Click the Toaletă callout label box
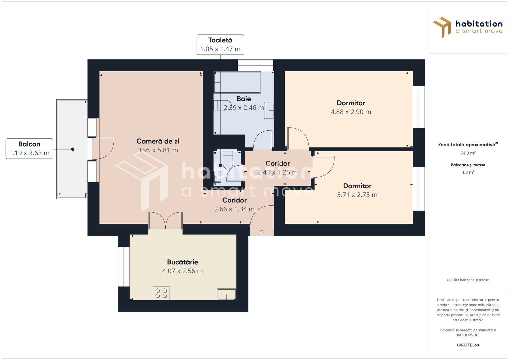(220, 45)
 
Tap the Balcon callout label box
(29, 149)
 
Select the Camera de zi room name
(158, 141)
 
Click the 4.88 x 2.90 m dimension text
(351, 112)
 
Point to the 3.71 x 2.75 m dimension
(357, 195)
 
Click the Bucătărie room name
(182, 262)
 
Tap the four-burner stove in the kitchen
(161, 293)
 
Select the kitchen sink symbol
(226, 294)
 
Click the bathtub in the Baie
(237, 82)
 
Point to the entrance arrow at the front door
(262, 233)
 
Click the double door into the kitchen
(165, 221)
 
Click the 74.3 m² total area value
(468, 153)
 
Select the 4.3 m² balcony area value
(468, 172)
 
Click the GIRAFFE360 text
(468, 345)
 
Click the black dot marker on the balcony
(73, 149)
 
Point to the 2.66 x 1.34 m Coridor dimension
(234, 209)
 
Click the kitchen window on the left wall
(124, 267)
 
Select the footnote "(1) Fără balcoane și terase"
(468, 280)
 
